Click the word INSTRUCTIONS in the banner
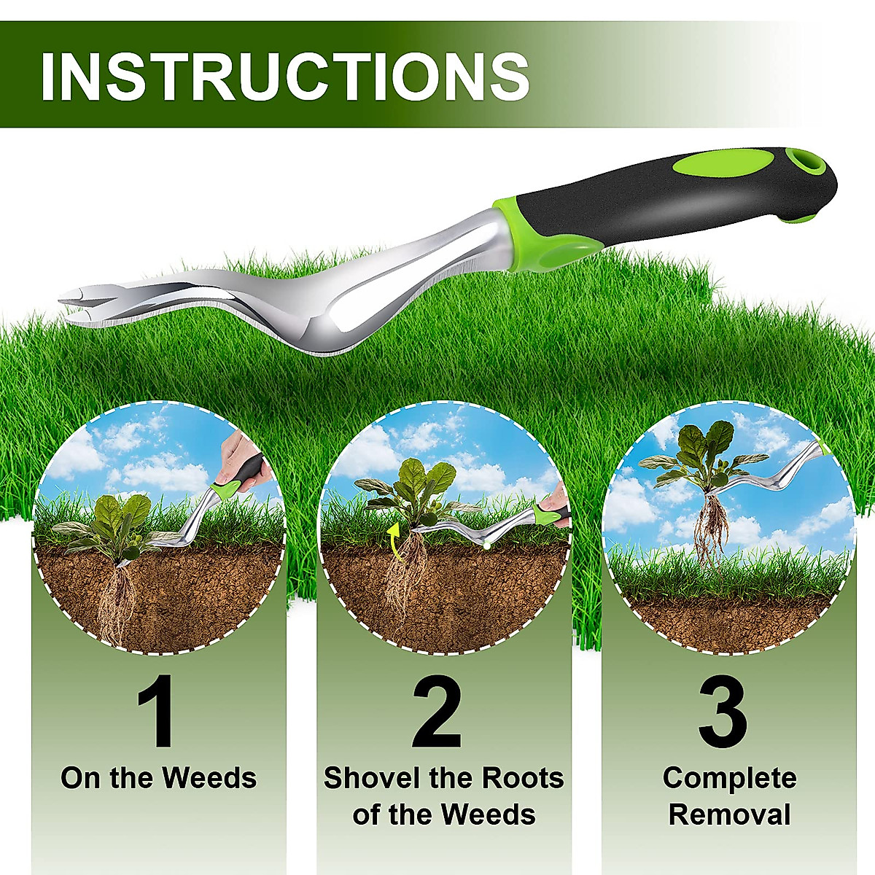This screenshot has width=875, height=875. pos(285,75)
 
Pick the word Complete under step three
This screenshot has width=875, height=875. pos(729,778)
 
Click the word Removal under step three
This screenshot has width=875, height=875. pos(729,814)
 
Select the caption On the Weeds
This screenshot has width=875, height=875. pos(159,778)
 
